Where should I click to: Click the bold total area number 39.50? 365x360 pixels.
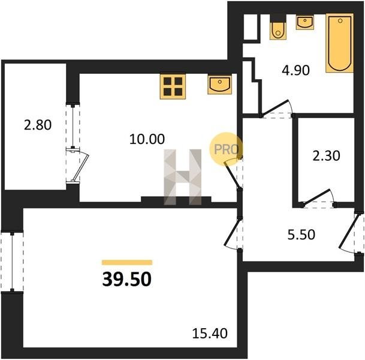127,279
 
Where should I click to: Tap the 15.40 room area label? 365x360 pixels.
210,333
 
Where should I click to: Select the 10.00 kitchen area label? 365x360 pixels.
147,139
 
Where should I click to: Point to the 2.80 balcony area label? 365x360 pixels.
38,125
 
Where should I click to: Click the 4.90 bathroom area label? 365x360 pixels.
295,70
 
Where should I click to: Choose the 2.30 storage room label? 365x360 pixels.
326,155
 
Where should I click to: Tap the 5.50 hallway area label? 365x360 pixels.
301,235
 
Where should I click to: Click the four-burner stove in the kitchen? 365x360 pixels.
173,86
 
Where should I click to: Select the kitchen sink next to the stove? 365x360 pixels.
220,85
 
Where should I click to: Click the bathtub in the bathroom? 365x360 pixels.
340,43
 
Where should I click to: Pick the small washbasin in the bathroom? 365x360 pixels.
305,22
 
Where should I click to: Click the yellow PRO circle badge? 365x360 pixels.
226,149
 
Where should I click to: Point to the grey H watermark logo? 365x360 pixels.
182,177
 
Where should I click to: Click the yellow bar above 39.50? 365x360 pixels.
127,262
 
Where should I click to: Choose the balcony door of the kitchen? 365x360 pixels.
81,166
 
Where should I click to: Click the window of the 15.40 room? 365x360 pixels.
12,262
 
